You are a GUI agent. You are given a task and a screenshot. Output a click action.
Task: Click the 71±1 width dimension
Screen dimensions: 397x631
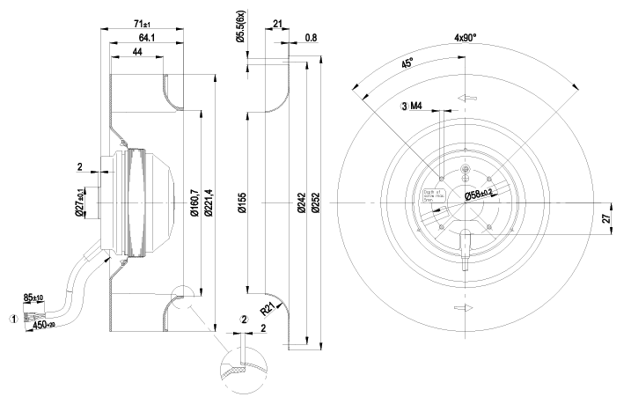pyautogui.click(x=141, y=24)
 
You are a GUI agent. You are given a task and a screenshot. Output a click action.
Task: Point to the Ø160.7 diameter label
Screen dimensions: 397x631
pyautogui.click(x=191, y=203)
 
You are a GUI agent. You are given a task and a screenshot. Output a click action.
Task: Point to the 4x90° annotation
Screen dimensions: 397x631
pyautogui.click(x=466, y=39)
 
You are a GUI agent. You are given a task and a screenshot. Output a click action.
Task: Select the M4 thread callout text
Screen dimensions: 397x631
pyautogui.click(x=418, y=107)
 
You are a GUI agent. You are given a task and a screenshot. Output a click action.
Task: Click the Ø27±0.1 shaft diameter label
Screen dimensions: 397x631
pyautogui.click(x=79, y=203)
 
